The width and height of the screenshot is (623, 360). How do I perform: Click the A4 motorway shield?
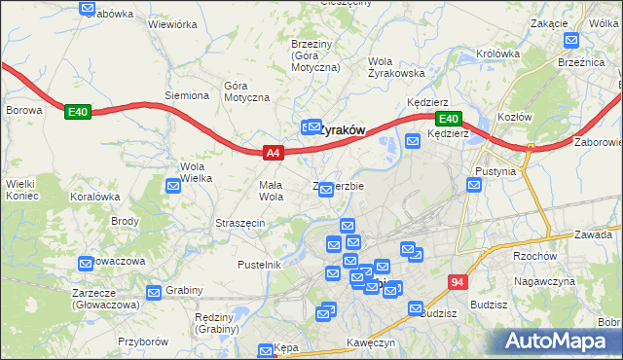[x=273, y=152]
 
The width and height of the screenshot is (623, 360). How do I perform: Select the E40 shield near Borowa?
[x=78, y=112]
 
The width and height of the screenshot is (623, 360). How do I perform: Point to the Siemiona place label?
[x=187, y=95]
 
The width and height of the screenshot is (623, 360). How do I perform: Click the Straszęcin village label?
[x=240, y=223]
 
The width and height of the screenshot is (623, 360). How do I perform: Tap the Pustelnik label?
[x=259, y=265]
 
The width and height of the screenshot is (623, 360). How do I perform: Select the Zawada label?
[x=592, y=234]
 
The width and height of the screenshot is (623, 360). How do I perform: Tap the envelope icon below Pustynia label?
[x=473, y=185]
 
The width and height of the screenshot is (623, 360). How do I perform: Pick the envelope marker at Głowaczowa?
[x=84, y=262]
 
